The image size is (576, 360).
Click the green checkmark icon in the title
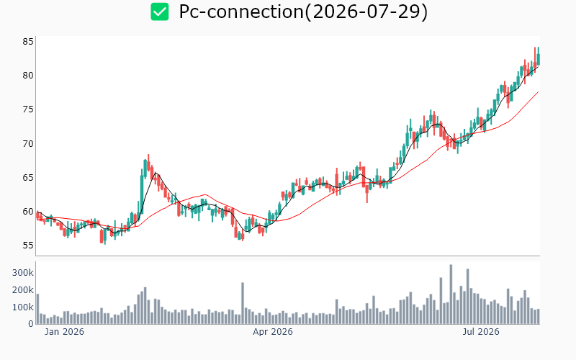coord(160,12)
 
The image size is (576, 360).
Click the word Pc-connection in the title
coord(241,12)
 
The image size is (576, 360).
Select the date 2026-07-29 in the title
coord(366,12)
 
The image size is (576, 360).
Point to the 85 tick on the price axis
coord(28,42)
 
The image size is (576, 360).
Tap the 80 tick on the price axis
coord(28,76)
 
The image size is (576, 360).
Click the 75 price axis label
coord(28,109)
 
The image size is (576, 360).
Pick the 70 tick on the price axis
coord(28,143)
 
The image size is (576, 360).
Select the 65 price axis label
coord(28,177)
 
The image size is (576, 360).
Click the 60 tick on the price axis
coord(28,212)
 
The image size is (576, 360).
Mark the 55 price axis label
coord(28,246)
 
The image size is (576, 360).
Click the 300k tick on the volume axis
coord(23,273)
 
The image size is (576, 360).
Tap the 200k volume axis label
coord(23,290)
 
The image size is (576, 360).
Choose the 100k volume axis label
coord(23,307)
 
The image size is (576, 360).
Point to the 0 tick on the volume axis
coord(31,324)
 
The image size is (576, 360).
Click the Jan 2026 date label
coord(64,332)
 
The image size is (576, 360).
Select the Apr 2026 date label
coord(273,332)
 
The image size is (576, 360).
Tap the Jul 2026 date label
coord(481,332)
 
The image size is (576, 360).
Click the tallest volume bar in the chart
coord(451,294)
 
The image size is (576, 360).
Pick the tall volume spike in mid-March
coord(243,303)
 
